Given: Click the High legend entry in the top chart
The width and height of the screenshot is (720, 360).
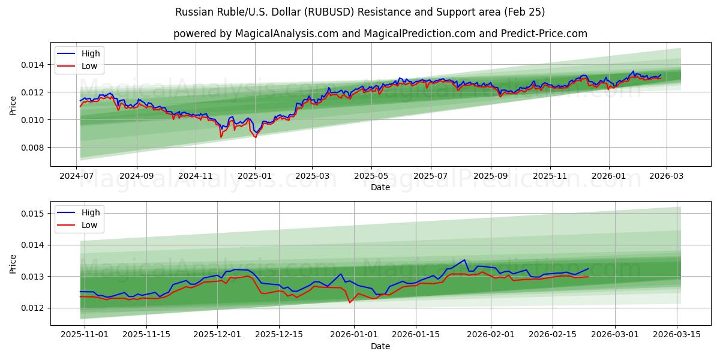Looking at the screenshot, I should coord(91,53).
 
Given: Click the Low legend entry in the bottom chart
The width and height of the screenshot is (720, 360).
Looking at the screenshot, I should coord(89,225).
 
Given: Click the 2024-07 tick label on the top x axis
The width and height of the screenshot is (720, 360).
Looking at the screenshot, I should coord(77,176).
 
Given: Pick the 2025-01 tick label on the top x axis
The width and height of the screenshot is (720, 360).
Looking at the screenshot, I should coord(254,176).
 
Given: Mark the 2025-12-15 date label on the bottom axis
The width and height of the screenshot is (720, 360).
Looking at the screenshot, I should coord(278,334).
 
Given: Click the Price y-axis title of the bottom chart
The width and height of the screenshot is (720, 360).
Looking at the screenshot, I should coord(13,263).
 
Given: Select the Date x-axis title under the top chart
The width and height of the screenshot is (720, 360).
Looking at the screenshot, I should coord(380,187).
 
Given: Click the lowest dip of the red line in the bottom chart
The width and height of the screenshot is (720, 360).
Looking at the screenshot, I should coord(350,302).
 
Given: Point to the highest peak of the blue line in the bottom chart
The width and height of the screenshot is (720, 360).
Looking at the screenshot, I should coord(464,260).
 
